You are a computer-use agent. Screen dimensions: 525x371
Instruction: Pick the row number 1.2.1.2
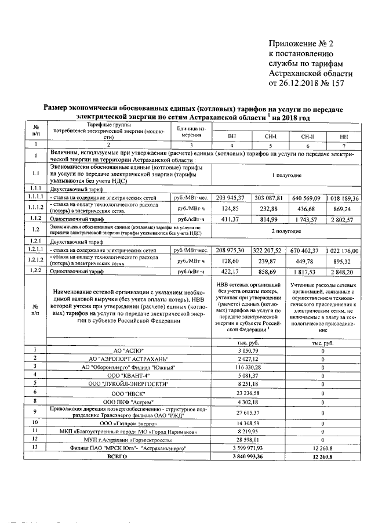point(36,260)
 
